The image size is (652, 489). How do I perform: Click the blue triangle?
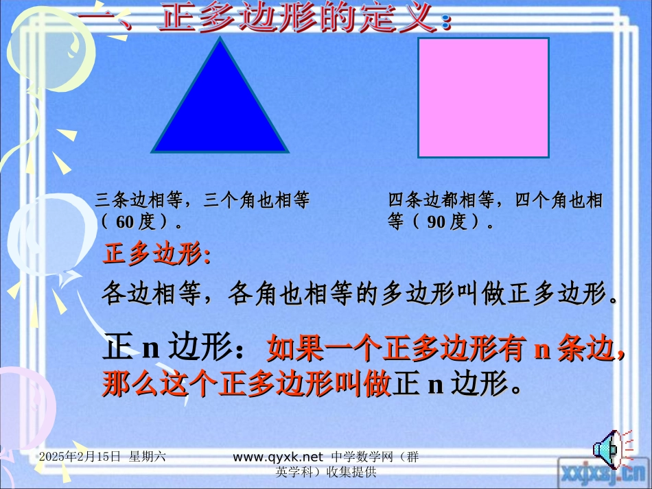[220, 110]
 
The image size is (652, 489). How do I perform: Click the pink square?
[483, 97]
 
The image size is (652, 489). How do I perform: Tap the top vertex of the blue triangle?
[220, 39]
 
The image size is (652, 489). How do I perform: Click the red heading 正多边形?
[156, 254]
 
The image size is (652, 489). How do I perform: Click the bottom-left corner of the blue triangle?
[154, 150]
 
